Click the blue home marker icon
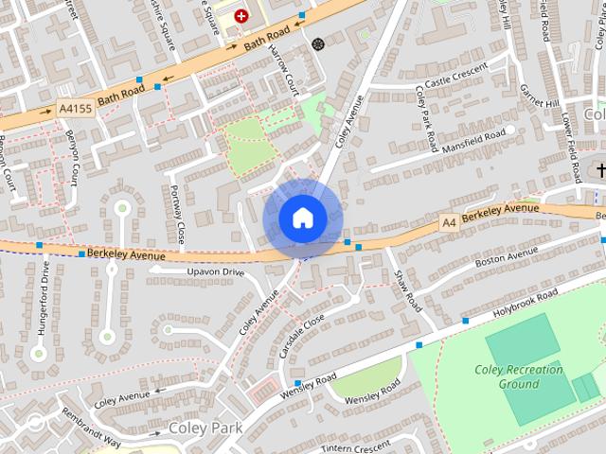click(302, 218)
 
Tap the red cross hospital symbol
click(241, 16)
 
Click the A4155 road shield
click(75, 110)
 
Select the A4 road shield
click(448, 221)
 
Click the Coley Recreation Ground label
click(519, 377)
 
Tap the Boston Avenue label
click(506, 257)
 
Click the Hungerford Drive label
click(45, 293)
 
